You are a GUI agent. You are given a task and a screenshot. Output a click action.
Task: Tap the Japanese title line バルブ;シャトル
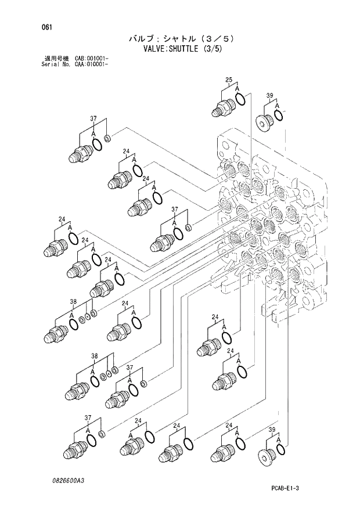pyautogui.click(x=168, y=39)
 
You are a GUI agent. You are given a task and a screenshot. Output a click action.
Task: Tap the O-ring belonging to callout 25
pyautogui.click(x=240, y=100)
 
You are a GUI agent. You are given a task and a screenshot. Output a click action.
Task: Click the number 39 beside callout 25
pyautogui.click(x=269, y=95)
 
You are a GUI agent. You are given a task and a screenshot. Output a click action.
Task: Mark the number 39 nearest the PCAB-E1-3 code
pyautogui.click(x=271, y=429)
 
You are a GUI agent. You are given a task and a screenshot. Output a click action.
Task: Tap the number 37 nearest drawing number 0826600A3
pyautogui.click(x=88, y=418)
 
